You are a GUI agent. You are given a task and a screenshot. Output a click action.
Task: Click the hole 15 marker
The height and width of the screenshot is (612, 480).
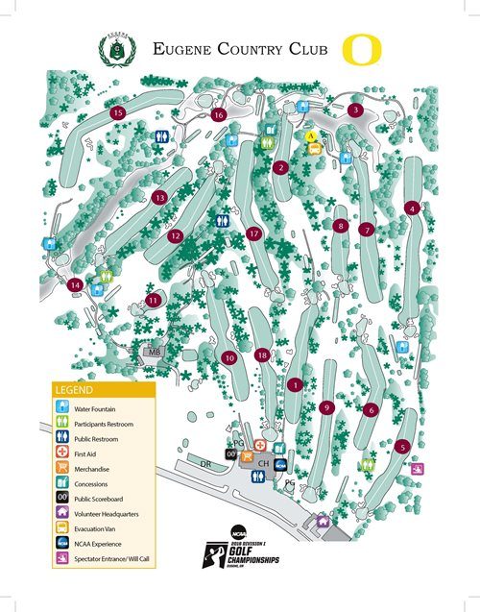coord(118,113)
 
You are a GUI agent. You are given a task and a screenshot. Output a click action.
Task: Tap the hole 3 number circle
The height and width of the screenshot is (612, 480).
coord(355,110)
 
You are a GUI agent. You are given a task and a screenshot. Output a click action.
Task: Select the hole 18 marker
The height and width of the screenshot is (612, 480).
coord(262,355)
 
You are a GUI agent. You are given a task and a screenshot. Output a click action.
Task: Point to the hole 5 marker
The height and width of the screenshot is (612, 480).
coord(403,446)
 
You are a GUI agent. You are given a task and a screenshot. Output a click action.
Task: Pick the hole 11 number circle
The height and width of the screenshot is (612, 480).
coord(154,301)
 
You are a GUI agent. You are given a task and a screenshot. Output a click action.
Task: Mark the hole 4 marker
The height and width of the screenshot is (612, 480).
coord(412,208)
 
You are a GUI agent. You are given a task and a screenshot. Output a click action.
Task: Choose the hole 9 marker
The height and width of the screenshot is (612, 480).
coord(327,407)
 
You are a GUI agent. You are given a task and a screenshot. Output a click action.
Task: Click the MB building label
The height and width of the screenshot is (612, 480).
coord(154,353)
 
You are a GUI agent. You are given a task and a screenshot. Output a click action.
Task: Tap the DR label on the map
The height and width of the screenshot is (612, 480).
coord(204,464)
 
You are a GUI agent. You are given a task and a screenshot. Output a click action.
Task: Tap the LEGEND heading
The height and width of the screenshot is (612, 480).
coord(75,391)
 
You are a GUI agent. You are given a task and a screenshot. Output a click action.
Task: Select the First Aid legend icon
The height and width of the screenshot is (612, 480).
coord(61,453)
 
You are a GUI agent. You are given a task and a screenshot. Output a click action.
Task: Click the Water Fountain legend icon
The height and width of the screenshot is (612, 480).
coord(61,408)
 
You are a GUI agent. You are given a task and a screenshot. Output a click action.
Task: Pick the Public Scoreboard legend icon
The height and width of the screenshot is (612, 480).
coord(61,498)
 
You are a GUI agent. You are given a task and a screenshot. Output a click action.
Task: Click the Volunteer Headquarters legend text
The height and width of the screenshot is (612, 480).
coord(106,514)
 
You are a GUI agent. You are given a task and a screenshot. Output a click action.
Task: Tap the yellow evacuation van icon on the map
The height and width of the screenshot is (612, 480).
coord(311,137)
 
